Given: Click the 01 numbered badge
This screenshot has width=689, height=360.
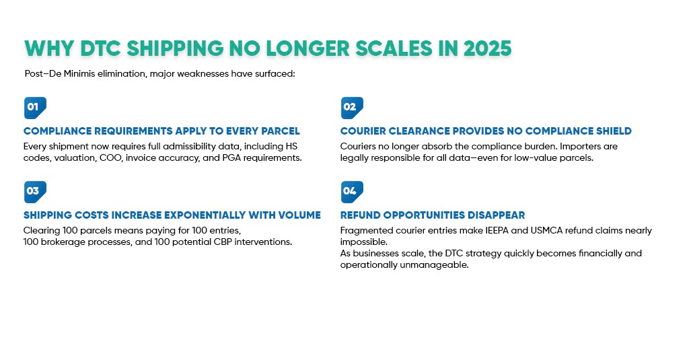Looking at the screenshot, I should coord(34,107).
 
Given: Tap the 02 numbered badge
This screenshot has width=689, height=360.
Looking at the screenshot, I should coord(351,107).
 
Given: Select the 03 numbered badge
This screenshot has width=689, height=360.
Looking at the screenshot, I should coord(34,191).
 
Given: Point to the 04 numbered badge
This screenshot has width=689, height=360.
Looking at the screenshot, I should coord(351,191).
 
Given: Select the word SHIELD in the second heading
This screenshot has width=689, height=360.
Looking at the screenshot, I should coord(610,131).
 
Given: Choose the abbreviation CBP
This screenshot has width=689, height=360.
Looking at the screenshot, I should coord(212,242).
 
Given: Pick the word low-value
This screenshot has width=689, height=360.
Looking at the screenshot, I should coord(529,157).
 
